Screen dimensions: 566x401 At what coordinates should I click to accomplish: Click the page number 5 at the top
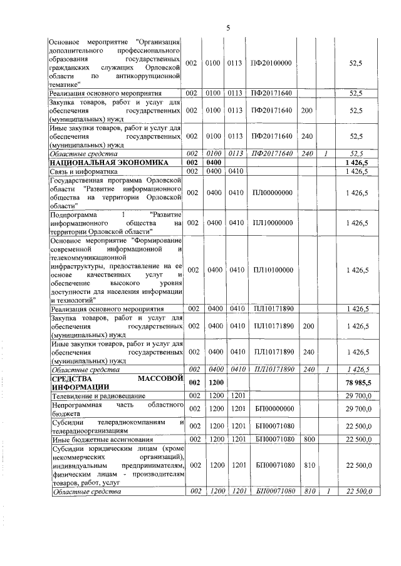coord(229,28)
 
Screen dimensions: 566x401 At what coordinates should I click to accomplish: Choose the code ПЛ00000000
coord(271,193)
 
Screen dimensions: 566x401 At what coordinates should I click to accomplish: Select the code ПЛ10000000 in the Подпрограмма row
coord(271,223)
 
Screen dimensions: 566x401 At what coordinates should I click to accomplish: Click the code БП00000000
coord(271,409)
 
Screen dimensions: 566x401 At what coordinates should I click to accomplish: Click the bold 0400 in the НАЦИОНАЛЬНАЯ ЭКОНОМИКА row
coord(216,163)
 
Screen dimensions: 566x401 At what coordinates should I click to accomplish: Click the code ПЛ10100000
coord(271,270)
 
